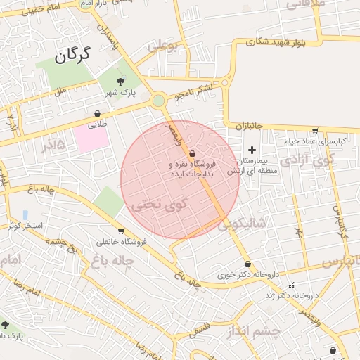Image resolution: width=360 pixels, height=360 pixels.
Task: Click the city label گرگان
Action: click(74, 55)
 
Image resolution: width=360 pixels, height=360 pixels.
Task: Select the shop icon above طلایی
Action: click(96, 113)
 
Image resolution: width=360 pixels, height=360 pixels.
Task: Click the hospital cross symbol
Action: click(252, 150)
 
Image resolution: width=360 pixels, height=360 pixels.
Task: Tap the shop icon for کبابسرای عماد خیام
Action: click(314, 131)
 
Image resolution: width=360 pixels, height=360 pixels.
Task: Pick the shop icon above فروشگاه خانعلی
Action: click(121, 231)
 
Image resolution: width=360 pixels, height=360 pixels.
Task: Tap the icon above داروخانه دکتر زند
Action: click(292, 285)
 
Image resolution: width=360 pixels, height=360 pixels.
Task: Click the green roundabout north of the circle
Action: click(159, 101)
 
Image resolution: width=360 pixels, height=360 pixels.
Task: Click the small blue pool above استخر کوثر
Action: click(25, 214)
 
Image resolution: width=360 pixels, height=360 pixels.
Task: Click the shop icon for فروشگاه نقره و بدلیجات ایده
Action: click(192, 153)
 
